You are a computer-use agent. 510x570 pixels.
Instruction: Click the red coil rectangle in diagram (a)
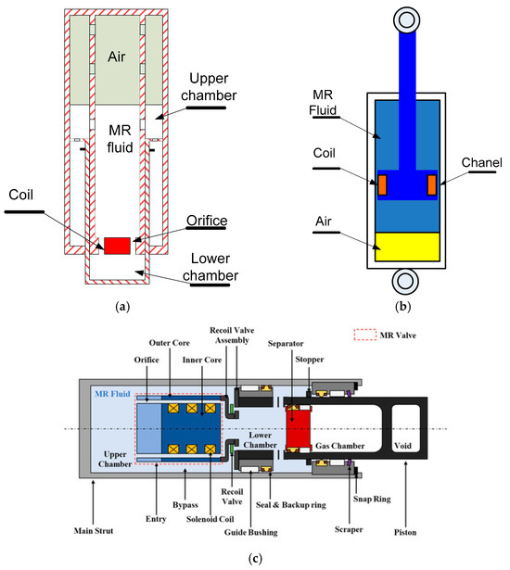[117, 246]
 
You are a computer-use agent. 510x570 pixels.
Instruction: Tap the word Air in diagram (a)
[117, 57]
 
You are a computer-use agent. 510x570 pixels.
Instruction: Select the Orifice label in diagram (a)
[207, 221]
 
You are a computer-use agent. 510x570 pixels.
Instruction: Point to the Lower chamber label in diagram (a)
[210, 267]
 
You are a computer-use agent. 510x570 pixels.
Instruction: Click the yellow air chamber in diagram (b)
[407, 247]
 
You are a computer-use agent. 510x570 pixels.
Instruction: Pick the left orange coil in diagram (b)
[382, 184]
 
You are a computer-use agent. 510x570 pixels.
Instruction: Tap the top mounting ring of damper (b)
[406, 19]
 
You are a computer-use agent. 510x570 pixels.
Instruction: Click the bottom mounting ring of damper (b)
[405, 281]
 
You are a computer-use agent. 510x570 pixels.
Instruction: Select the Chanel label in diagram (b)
[481, 162]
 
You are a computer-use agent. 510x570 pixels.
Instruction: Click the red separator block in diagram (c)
[299, 428]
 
